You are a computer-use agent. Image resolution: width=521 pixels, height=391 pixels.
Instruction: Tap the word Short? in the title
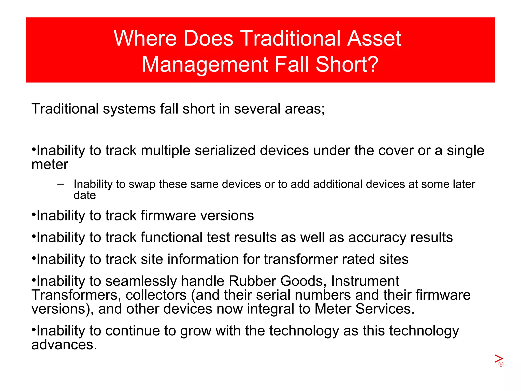347,64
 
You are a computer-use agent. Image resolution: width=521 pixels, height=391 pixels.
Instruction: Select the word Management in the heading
205,64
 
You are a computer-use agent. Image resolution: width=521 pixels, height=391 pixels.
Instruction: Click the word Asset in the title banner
374,38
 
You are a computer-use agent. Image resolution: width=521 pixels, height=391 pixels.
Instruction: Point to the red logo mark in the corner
499,360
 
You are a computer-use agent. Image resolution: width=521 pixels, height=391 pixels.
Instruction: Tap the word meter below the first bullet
50,164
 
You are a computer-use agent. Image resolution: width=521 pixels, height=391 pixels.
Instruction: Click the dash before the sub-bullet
61,184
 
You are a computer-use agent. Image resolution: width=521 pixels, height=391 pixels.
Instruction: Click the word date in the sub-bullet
85,195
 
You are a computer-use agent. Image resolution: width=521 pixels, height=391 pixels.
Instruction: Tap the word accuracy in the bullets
377,238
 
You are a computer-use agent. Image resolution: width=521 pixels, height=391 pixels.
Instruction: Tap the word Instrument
365,281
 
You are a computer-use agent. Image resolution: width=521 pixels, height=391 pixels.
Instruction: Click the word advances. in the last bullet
64,345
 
